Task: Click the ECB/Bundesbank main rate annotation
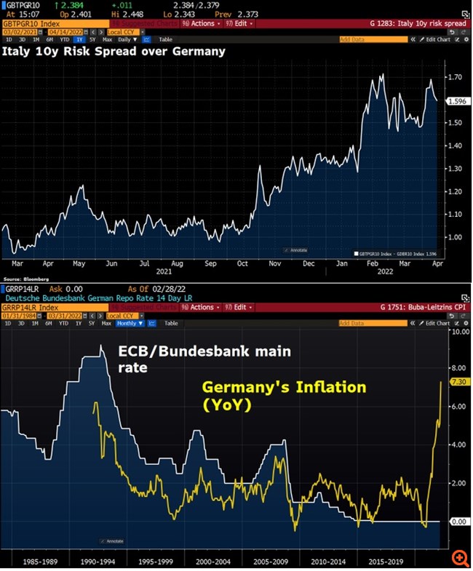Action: coord(204,359)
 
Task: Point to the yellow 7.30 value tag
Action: coord(458,381)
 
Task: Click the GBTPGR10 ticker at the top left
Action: coord(18,4)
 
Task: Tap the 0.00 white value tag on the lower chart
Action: coord(458,522)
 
